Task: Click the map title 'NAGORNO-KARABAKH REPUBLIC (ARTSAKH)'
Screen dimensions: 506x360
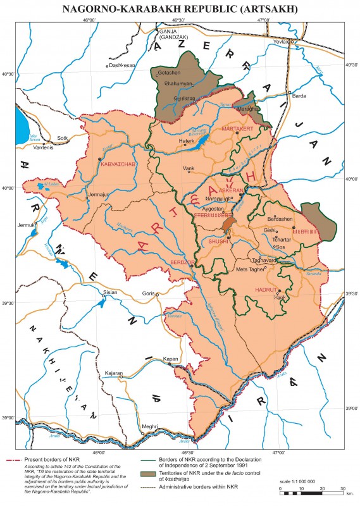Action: (180, 8)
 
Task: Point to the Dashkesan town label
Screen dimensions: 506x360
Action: (121, 65)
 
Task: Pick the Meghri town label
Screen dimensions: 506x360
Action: (149, 426)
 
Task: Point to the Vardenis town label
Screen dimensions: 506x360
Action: (35, 148)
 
